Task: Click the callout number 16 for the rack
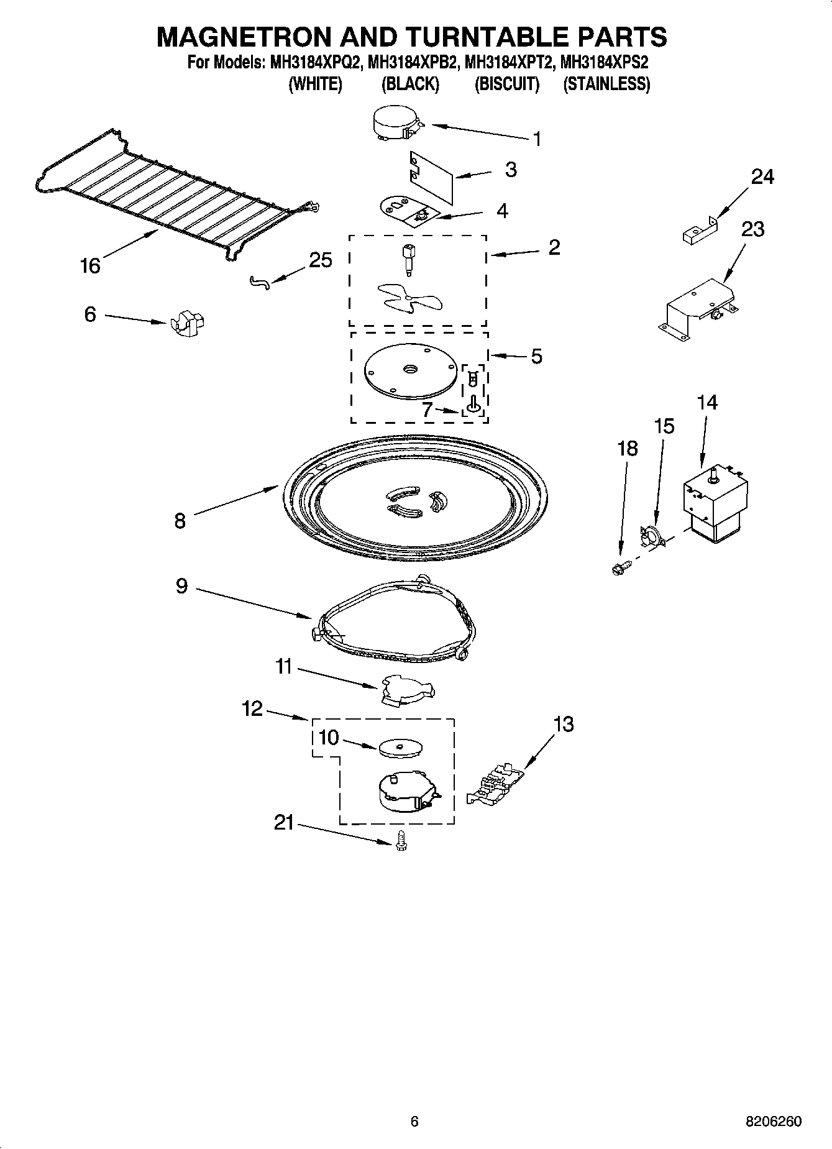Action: click(90, 266)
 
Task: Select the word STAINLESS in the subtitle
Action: click(606, 85)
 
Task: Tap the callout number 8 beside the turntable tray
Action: click(180, 520)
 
